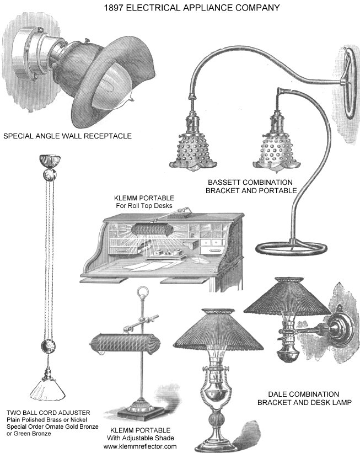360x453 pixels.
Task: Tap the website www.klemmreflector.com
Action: point(140,446)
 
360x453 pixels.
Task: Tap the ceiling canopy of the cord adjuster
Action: point(50,161)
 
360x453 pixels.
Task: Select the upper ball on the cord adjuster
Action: point(50,174)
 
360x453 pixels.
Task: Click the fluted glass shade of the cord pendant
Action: point(47,390)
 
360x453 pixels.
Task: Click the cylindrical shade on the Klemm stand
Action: point(125,344)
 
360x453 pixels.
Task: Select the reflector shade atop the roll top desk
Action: point(152,230)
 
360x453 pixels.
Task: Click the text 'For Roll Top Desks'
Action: point(144,206)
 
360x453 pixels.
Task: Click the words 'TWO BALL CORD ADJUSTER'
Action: point(48,413)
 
